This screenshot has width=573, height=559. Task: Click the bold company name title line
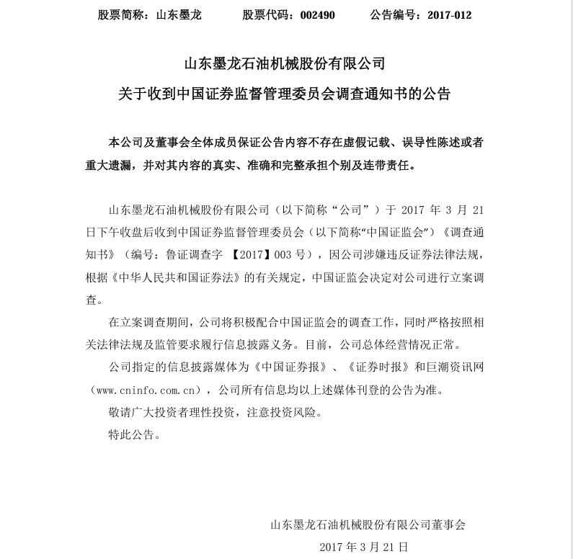tap(285, 63)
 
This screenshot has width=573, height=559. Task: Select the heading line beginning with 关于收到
tap(285, 94)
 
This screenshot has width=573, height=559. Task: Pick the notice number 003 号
tap(292, 254)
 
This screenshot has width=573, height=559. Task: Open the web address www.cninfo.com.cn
tap(148, 390)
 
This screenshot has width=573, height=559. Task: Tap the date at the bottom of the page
tap(364, 547)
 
